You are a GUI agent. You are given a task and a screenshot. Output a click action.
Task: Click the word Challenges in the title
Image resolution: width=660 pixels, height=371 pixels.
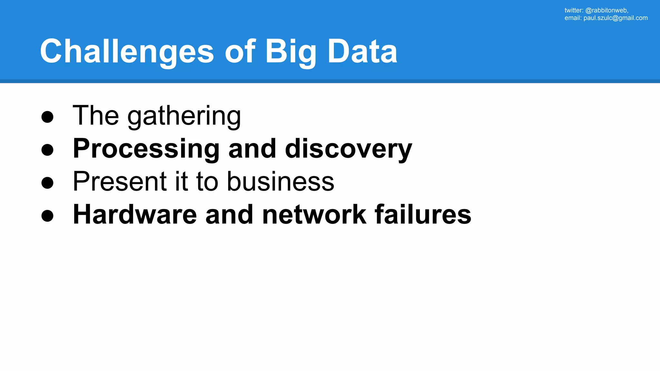coord(127,52)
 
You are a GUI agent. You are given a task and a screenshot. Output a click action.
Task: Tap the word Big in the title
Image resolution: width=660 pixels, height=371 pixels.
coord(290,52)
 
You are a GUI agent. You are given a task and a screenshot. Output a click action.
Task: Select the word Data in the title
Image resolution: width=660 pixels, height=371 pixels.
coord(362,52)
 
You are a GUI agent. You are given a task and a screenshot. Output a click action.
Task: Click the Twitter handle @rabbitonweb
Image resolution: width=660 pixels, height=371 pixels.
coord(606,10)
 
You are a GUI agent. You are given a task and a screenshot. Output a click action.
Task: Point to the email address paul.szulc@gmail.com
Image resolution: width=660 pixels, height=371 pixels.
coord(615,18)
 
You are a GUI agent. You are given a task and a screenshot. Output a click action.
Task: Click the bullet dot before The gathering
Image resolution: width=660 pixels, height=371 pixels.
coord(47,117)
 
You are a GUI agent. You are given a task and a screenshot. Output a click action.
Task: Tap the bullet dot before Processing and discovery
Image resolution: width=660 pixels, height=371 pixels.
coord(47,149)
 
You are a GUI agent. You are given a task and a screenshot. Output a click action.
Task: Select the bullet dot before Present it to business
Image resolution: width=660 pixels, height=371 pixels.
coord(47,183)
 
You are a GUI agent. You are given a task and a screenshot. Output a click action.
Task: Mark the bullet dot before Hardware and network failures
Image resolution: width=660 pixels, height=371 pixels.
coord(47,215)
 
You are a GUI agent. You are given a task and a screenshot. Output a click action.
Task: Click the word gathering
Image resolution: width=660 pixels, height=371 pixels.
coord(184,116)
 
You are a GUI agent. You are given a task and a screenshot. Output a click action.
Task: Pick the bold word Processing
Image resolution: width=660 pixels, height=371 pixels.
coord(146,149)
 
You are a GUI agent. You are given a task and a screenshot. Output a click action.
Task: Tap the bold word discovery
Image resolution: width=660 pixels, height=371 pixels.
coord(348,149)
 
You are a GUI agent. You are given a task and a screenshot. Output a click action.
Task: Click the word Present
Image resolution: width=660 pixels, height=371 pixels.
coord(120,181)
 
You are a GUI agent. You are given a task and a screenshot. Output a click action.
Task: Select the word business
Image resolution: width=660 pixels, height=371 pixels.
coord(280,181)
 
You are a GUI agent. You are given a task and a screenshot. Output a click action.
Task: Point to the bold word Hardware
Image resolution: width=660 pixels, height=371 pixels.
coord(135,214)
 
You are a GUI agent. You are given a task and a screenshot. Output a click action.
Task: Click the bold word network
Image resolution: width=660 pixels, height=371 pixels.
coord(314,214)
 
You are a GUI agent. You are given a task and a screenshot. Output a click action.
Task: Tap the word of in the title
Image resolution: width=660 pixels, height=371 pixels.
coord(240,52)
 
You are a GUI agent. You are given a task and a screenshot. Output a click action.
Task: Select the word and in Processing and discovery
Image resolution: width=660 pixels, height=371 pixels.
coord(252,149)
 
